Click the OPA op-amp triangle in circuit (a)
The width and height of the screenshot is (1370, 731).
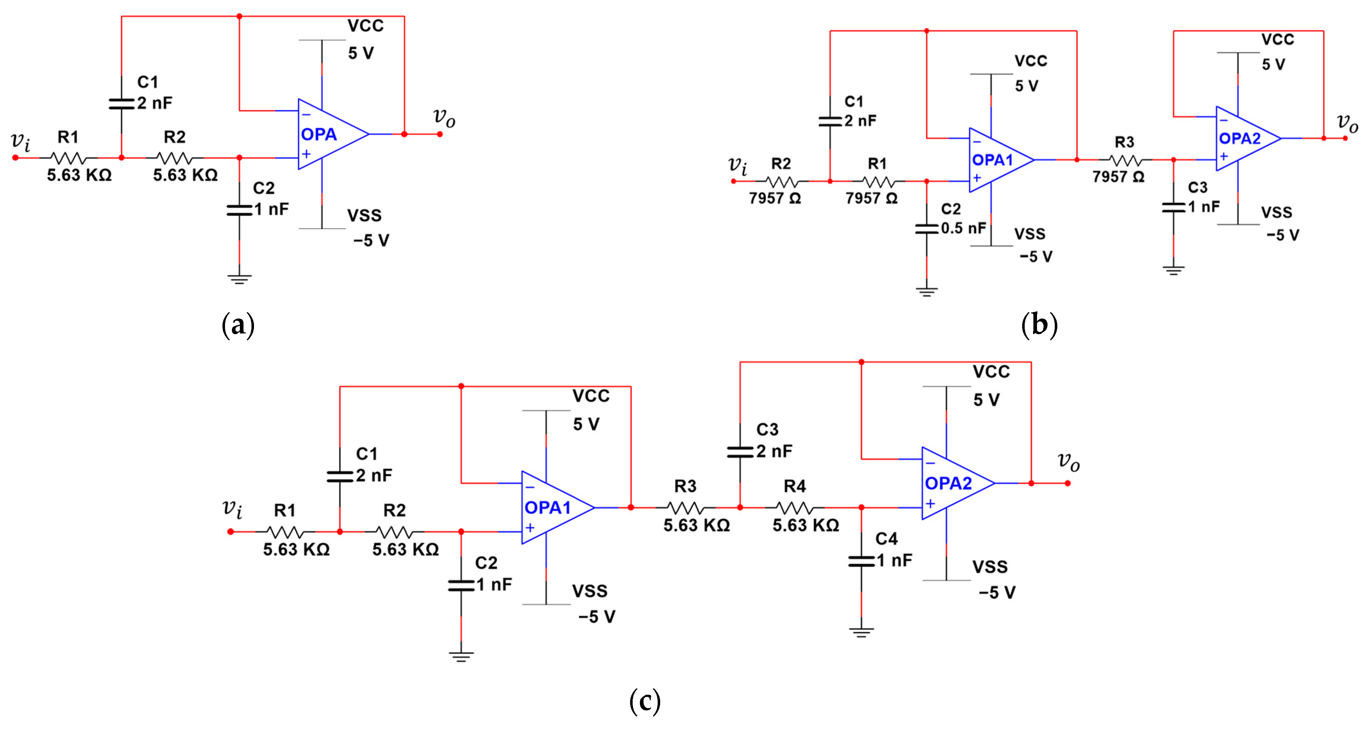330,134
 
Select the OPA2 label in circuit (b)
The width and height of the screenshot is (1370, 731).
1239,139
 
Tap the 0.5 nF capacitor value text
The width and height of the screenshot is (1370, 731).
963,228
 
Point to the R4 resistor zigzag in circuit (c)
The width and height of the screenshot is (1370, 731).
795,507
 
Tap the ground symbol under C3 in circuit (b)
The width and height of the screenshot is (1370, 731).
1173,270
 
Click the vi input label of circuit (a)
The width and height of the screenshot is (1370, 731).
20,141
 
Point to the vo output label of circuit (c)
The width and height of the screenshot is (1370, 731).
1068,461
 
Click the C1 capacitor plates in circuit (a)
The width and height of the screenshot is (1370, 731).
121,104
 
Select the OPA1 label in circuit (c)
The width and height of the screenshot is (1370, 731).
547,507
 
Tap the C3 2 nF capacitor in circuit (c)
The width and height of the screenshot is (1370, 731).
740,452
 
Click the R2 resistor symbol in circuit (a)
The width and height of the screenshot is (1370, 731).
175,158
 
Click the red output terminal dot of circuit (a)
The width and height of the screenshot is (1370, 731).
440,134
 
